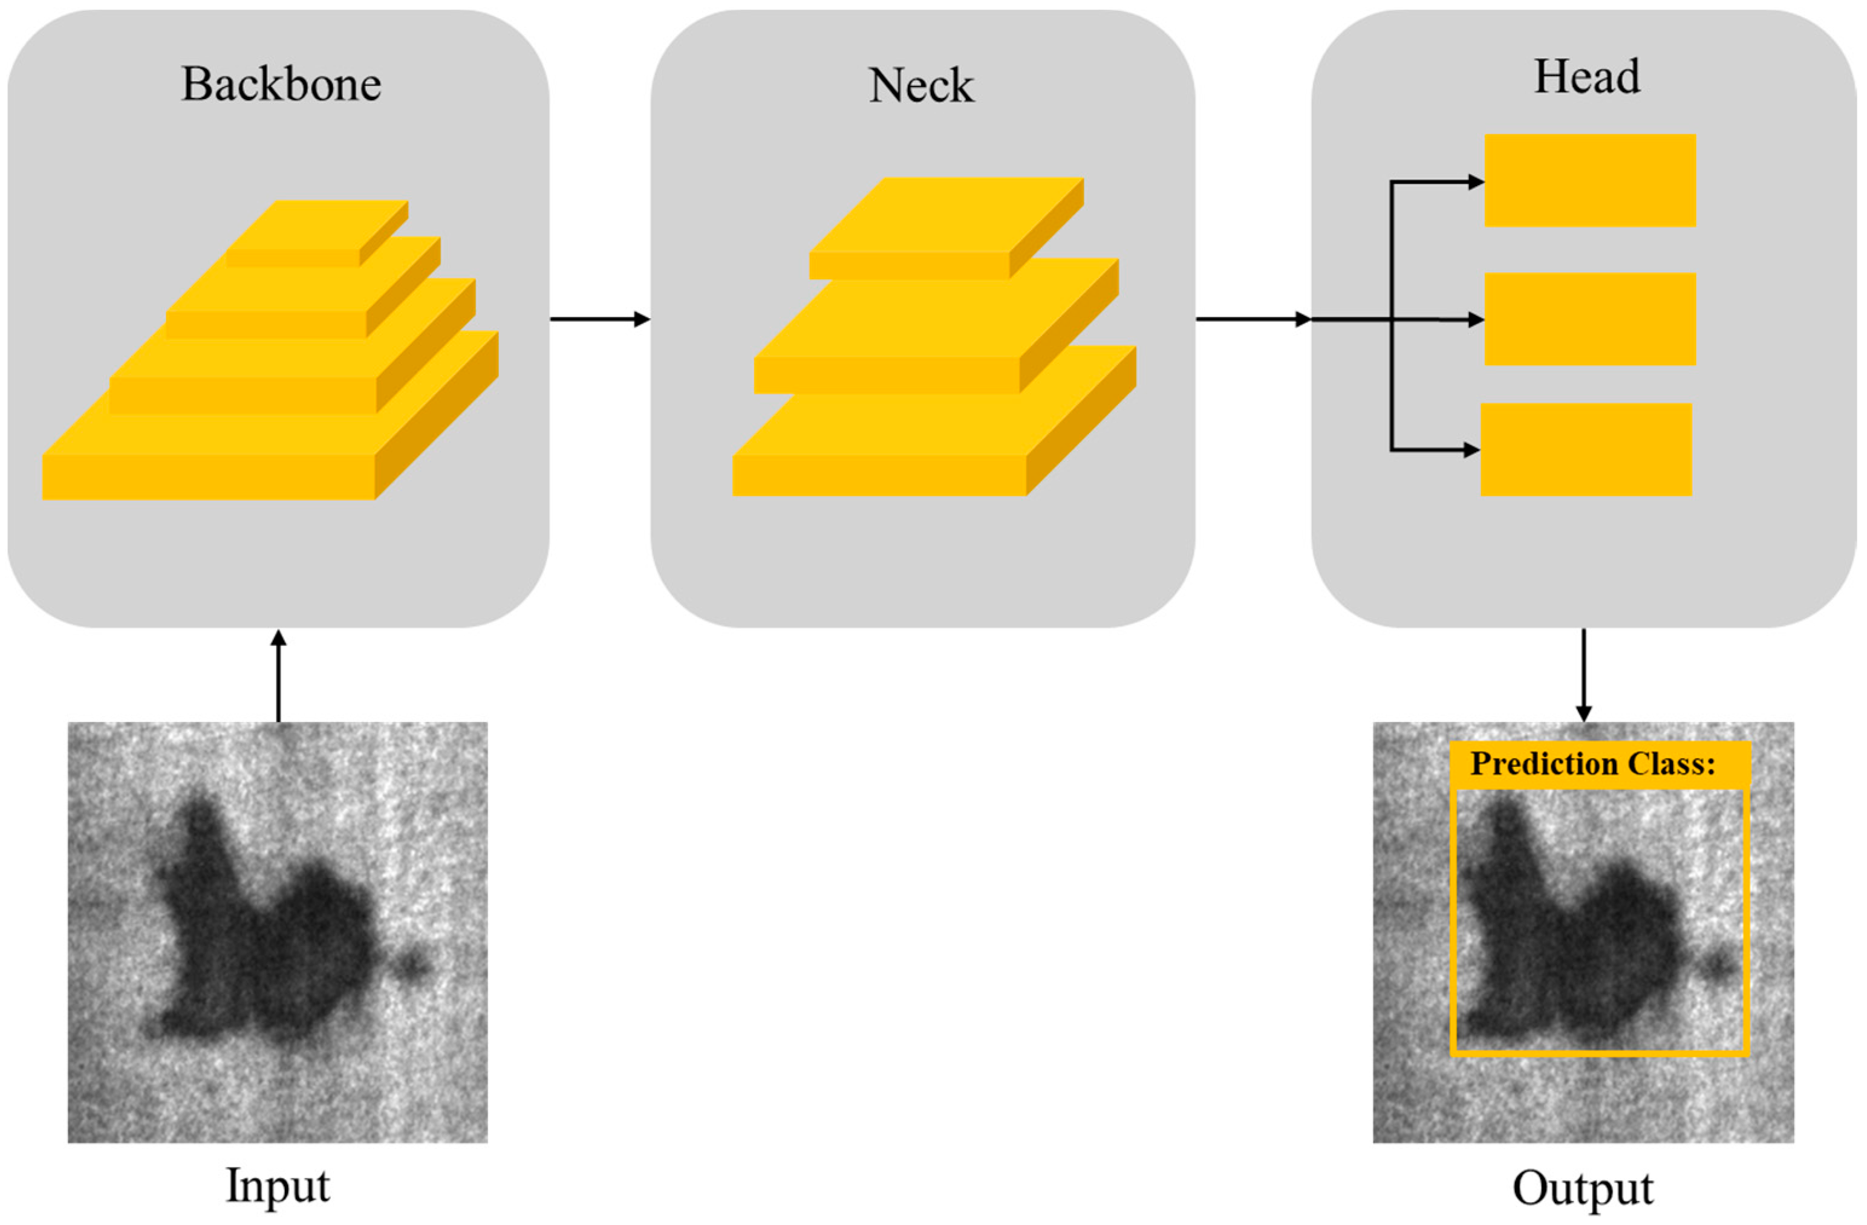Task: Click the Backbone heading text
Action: (281, 84)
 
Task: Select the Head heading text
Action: (1586, 77)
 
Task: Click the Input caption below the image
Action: (278, 1186)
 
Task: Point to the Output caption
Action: (1583, 1189)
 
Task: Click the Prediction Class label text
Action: (1592, 763)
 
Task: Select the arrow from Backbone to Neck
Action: (600, 319)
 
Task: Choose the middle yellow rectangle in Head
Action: (1590, 319)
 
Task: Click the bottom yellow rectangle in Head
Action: (1586, 449)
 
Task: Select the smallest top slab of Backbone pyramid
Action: (314, 235)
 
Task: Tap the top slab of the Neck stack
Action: (941, 227)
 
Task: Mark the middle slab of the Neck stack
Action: (926, 337)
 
